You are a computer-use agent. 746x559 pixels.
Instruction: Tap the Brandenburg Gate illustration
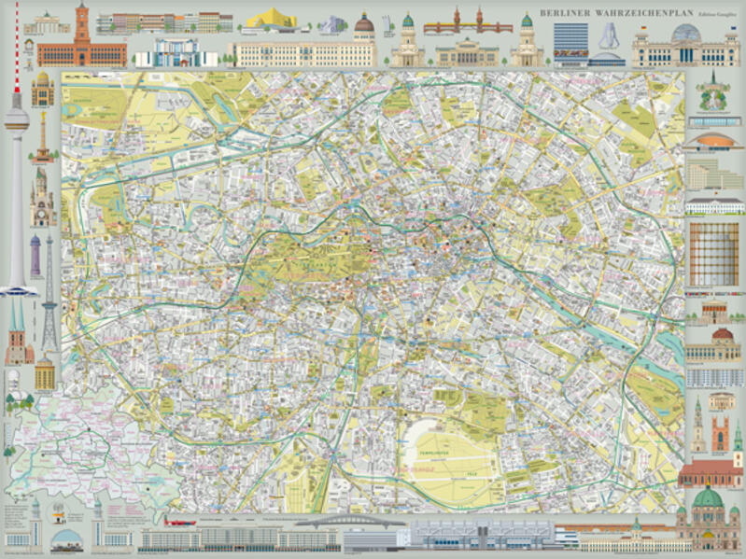coord(48,26)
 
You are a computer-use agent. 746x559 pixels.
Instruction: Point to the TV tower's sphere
coord(16,119)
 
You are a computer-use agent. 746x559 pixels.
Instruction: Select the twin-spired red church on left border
coord(17,336)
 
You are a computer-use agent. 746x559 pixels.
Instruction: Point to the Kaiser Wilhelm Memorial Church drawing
coord(42,207)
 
